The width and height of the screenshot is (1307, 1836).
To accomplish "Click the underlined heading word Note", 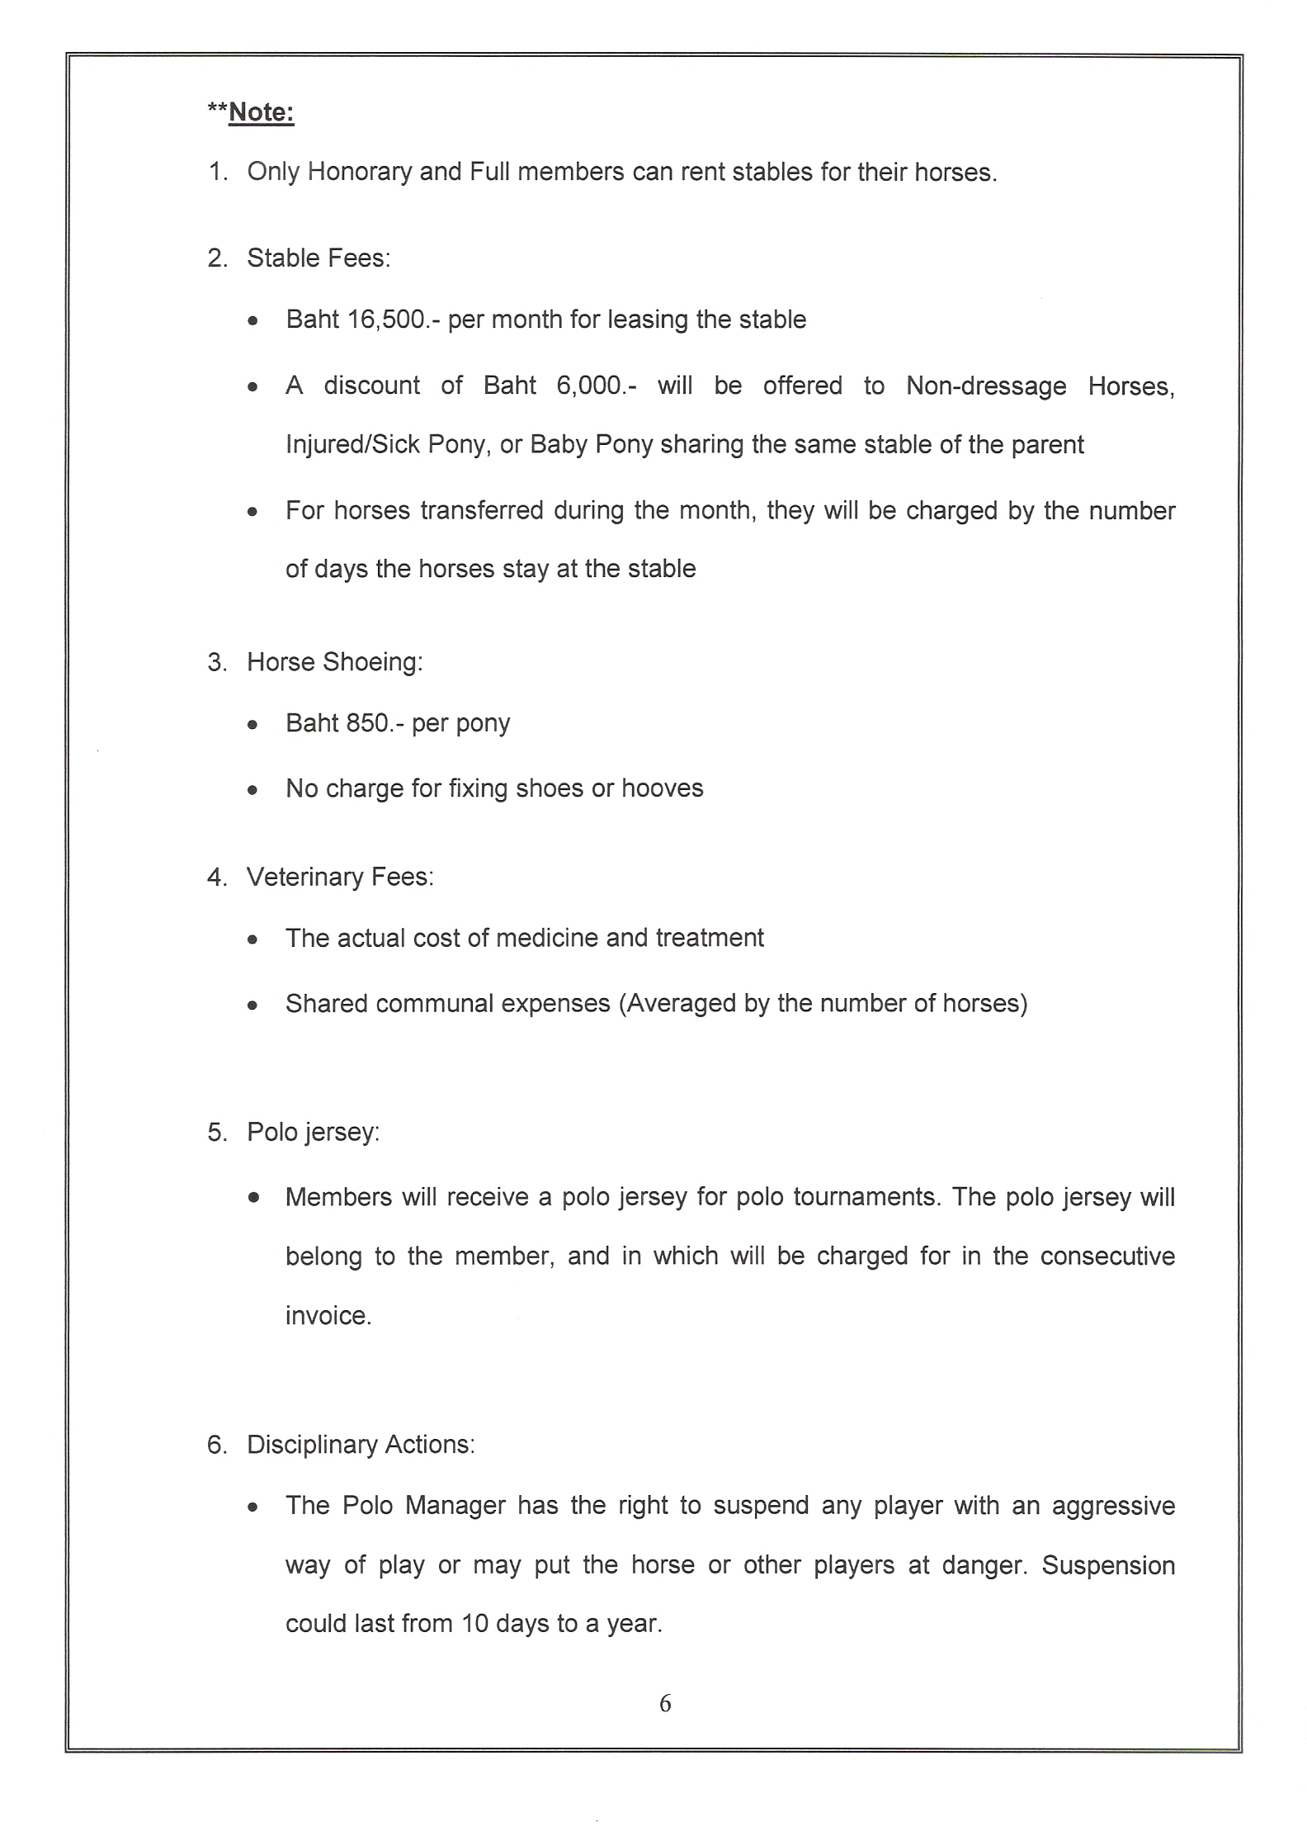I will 261,112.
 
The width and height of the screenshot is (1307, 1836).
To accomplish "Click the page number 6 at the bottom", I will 665,1703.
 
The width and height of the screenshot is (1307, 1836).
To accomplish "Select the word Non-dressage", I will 986,386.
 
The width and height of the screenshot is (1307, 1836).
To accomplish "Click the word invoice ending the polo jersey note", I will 328,1315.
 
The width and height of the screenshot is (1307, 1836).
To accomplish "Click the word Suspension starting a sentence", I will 1108,1564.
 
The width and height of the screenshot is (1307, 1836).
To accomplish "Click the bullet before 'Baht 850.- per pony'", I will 253,726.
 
